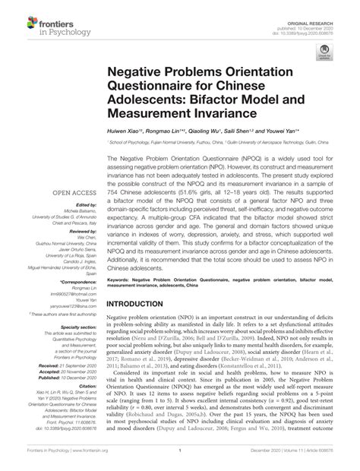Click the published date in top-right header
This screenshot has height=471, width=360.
(321, 11)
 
